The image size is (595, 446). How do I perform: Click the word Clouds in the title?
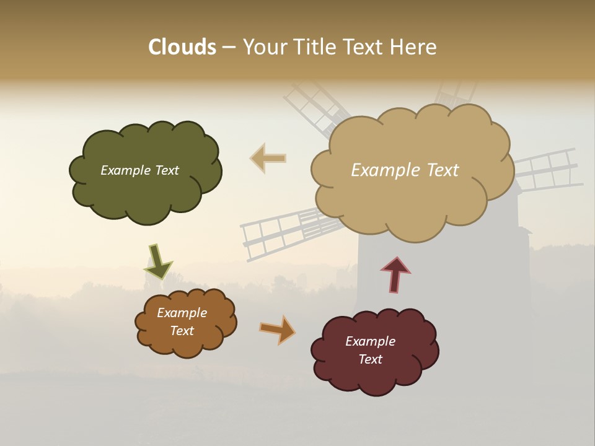click(182, 47)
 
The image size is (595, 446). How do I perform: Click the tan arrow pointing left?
click(268, 158)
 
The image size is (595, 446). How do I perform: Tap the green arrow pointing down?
click(158, 261)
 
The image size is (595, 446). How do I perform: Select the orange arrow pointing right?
click(278, 330)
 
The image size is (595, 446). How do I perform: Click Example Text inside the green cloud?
click(139, 170)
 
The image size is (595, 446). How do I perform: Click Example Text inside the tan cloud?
click(405, 170)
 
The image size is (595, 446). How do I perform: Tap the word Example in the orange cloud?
click(182, 313)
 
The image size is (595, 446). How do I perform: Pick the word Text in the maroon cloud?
click(370, 359)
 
